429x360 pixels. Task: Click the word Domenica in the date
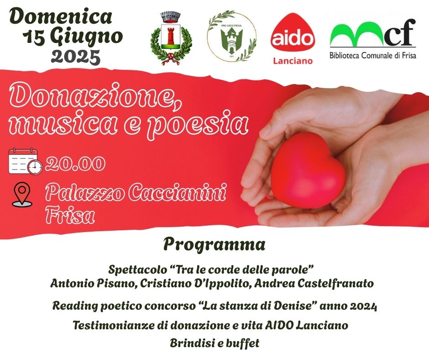point(60,17)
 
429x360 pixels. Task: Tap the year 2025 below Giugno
point(76,57)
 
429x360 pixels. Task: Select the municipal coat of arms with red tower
point(171,38)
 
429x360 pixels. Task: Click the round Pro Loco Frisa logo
point(231,36)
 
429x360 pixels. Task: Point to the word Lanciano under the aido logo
point(293,61)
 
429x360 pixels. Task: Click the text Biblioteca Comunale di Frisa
point(373,55)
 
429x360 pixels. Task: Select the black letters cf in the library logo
point(400,32)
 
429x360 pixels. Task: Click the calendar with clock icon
point(26,161)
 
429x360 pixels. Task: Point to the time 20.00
point(75,164)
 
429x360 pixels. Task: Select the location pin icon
point(22,194)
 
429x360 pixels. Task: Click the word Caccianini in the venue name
point(177,192)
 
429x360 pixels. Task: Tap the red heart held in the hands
point(309,170)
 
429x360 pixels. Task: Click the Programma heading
point(214,245)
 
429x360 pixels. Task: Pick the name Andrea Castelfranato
point(314,284)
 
